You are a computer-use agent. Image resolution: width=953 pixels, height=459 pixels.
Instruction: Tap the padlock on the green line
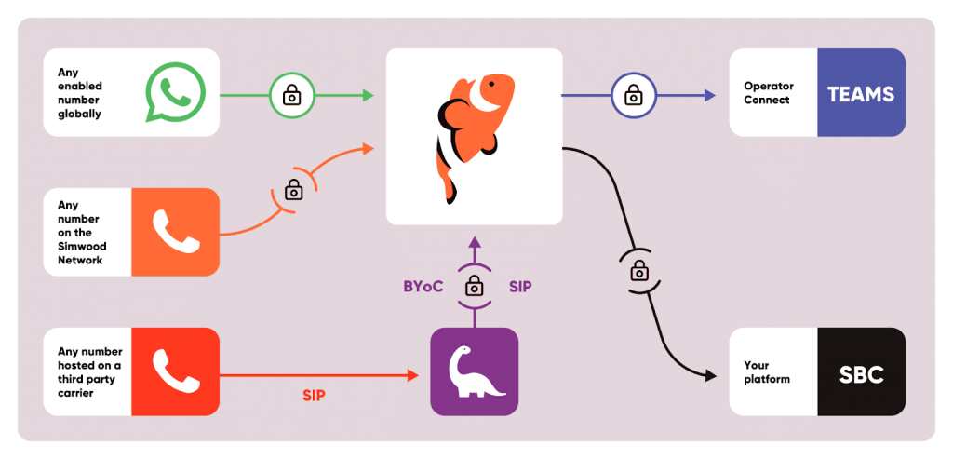291,94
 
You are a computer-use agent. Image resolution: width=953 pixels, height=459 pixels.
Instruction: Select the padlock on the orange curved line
294,190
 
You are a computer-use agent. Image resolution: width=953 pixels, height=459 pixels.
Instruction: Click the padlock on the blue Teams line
633,94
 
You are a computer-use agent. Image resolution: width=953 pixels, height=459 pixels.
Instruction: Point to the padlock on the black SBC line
639,271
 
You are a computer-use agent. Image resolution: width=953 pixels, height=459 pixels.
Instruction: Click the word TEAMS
861,94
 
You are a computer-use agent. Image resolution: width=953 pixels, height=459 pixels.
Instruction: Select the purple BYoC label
423,287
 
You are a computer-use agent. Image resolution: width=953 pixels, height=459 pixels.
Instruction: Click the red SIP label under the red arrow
315,395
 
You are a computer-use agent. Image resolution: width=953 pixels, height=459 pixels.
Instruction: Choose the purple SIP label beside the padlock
520,287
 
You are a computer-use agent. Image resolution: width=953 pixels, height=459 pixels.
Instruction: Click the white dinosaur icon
475,371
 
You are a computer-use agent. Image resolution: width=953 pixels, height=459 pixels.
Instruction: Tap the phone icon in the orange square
175,232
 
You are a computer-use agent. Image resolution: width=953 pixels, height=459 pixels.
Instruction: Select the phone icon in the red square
175,371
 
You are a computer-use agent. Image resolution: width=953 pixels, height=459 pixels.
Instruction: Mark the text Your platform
767,372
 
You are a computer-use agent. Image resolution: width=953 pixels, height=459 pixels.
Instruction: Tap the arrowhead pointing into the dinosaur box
413,375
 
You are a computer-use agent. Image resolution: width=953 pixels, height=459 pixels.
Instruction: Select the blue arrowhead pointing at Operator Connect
710,94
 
